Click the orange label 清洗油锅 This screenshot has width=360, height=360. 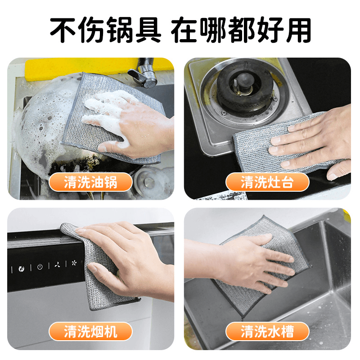pyautogui.click(x=91, y=182)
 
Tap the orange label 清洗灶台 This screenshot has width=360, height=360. pyautogui.click(x=267, y=182)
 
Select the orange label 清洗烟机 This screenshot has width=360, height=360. pyautogui.click(x=91, y=331)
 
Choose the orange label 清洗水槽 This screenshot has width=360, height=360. pyautogui.click(x=267, y=331)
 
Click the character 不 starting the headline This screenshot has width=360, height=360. pyautogui.click(x=63, y=30)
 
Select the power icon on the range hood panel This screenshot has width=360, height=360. pyautogui.click(x=40, y=267)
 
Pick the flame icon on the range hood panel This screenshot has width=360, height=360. pyautogui.click(x=21, y=268)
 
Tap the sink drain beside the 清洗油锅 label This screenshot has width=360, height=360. pyautogui.click(x=149, y=181)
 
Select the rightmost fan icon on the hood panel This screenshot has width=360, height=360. pyautogui.click(x=74, y=263)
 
